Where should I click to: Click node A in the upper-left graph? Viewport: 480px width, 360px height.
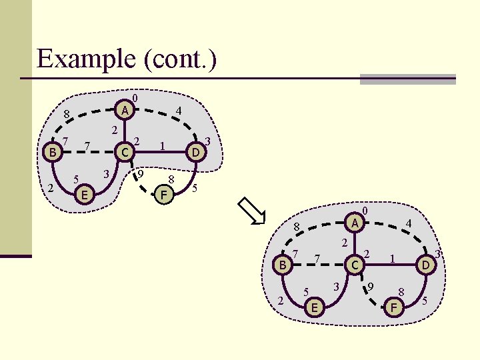tap(123, 109)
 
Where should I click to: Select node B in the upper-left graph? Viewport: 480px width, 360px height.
tap(51, 153)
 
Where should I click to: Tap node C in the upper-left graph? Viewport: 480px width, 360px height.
tap(123, 153)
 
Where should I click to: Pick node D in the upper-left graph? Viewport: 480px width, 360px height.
tap(195, 153)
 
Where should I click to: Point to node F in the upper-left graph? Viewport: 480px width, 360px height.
tap(163, 195)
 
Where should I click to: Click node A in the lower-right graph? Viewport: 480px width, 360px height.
tap(356, 222)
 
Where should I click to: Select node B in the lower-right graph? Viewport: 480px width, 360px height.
tap(283, 265)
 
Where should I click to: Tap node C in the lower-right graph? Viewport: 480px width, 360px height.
tap(356, 265)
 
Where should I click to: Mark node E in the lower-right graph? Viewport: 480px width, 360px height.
tap(315, 307)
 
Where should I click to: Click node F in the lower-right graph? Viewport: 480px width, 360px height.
tap(395, 307)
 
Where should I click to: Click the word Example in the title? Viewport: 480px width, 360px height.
tap(87, 59)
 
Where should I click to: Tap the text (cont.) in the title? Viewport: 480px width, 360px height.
tap(180, 59)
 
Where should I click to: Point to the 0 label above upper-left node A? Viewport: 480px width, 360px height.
tap(135, 99)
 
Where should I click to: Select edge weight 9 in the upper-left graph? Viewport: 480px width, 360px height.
tap(141, 174)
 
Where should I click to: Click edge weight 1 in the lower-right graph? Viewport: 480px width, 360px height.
tap(393, 258)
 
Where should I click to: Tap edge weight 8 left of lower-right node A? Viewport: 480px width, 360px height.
tap(297, 227)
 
